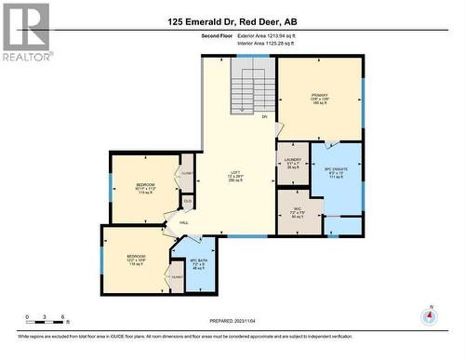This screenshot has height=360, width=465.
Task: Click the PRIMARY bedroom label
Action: [320, 95]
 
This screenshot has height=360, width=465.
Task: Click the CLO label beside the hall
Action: [187, 200]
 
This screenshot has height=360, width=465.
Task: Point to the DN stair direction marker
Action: [265, 117]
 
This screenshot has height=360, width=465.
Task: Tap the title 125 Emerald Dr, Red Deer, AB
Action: [232, 21]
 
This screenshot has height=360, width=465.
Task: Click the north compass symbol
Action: [429, 316]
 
